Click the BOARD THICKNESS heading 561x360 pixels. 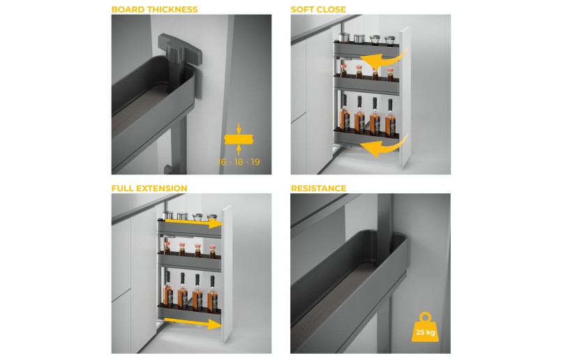click(154, 9)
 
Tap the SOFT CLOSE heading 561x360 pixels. click(318, 9)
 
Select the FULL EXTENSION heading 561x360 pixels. click(149, 188)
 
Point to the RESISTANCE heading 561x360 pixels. click(318, 188)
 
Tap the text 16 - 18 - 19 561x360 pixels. click(239, 162)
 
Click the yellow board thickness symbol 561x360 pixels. click(239, 140)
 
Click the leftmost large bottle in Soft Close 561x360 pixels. click(345, 114)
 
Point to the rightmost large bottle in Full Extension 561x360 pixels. click(213, 294)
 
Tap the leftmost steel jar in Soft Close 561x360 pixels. click(344, 38)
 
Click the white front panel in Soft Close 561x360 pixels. click(405, 96)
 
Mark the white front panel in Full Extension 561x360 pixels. click(227, 273)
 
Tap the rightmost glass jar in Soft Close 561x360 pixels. click(390, 40)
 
